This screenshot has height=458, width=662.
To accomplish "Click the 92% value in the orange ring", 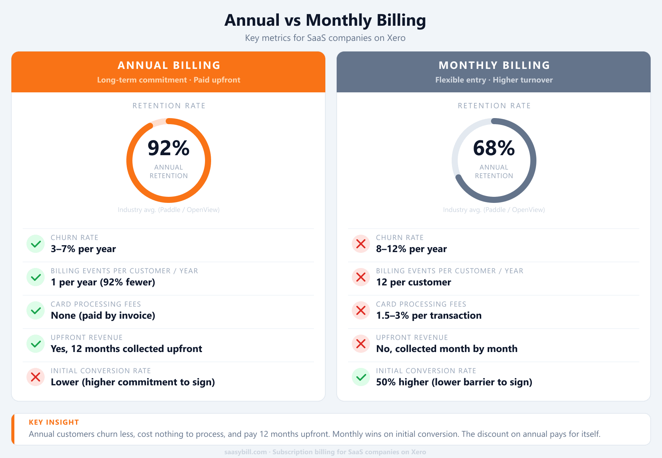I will [168, 148].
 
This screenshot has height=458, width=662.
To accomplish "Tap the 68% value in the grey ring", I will [494, 148].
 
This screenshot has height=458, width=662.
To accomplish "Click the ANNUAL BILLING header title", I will [169, 65].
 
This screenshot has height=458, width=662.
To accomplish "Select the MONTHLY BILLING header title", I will [494, 65].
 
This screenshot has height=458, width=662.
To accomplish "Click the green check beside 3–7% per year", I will [36, 244].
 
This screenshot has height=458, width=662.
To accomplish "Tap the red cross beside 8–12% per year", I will [361, 244].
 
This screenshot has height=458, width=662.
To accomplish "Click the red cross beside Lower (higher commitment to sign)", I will [36, 377].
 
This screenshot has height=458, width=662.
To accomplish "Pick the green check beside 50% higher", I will [361, 377].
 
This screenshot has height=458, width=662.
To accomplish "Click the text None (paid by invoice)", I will [103, 315].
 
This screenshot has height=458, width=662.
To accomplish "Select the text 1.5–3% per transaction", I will [429, 315].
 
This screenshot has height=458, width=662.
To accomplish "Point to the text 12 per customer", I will [413, 282].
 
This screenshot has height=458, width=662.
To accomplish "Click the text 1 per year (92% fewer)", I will [103, 282].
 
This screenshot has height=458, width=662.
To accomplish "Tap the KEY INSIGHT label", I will [54, 422].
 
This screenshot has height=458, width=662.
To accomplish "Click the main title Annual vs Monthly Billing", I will [325, 20].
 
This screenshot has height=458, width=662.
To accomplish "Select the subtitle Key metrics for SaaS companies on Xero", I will [325, 38].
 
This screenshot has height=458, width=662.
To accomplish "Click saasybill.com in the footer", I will [245, 452].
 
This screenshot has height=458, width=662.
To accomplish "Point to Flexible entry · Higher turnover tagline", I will [494, 80].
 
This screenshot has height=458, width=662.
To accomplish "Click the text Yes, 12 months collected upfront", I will [126, 349].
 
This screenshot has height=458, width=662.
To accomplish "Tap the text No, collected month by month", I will [446, 349].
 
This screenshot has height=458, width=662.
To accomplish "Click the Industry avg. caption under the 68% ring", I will [494, 210].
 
